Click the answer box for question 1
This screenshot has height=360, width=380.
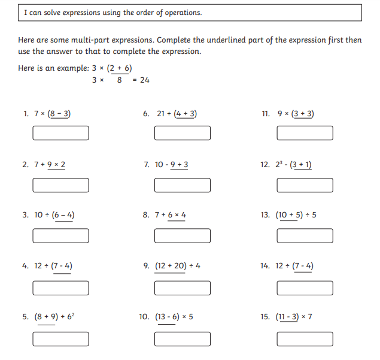click(61, 133)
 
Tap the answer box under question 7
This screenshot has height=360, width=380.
click(183, 185)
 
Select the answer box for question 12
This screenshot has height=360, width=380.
click(305, 185)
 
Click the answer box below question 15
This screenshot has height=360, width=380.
click(305, 339)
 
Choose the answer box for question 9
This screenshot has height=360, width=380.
click(183, 288)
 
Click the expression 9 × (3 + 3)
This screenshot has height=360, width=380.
click(296, 113)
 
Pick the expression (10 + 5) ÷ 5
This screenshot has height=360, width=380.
click(296, 215)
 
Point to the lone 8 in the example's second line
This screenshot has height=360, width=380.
click(120, 80)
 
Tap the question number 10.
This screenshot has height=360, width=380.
click(144, 317)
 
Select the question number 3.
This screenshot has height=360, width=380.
click(25, 215)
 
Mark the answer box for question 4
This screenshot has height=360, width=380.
click(61, 288)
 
